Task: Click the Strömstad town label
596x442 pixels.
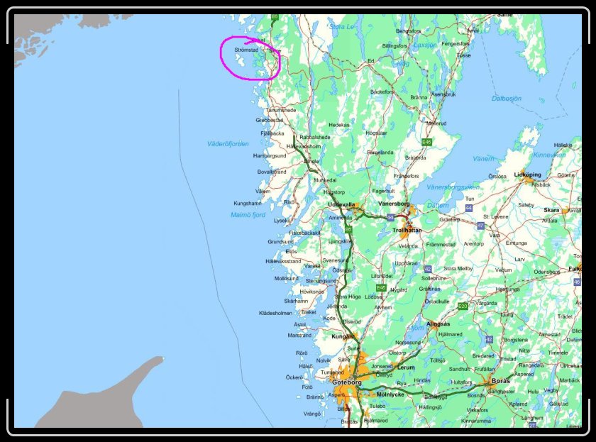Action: pos(245,50)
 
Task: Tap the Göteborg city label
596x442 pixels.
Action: pos(346,382)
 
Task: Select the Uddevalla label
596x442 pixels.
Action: pos(341,204)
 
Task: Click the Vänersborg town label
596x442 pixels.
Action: pos(394,204)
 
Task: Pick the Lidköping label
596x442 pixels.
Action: pos(527,174)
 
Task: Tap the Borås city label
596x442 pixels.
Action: pos(500,380)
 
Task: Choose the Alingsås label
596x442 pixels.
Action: pos(438,324)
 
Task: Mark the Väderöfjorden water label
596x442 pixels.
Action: pos(228,143)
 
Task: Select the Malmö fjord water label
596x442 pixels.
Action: pos(248,214)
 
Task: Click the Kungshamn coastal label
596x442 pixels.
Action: pos(248,203)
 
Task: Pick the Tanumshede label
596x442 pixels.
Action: pos(280,110)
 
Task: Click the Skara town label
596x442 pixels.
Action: pos(551,210)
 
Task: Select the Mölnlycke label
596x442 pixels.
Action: pos(390,393)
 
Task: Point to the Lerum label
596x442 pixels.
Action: pos(407,368)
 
